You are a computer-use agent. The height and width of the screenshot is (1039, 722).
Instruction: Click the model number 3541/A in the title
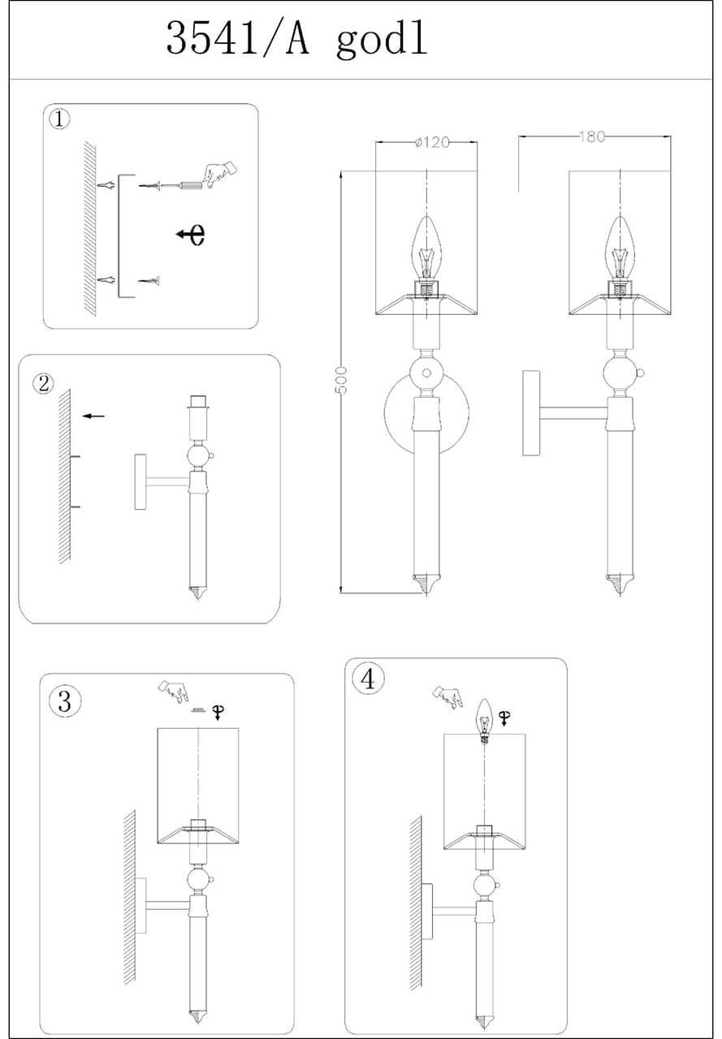[x=238, y=39]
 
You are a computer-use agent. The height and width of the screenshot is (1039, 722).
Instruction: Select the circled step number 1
[x=60, y=119]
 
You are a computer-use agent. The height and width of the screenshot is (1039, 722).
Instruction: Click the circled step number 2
[x=43, y=383]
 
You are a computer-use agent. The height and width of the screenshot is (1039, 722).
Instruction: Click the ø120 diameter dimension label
[x=431, y=142]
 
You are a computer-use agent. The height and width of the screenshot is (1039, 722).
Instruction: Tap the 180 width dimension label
[x=592, y=136]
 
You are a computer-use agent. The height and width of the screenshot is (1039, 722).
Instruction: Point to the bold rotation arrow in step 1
[x=191, y=235]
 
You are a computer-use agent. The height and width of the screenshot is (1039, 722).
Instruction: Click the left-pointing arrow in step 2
[x=94, y=416]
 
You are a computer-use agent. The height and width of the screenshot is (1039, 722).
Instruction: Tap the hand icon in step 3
[x=173, y=692]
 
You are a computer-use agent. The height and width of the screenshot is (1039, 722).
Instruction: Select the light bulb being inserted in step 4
[x=485, y=719]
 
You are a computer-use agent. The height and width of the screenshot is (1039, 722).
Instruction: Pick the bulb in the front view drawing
[x=426, y=247]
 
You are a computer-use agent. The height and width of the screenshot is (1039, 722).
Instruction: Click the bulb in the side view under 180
[x=620, y=247]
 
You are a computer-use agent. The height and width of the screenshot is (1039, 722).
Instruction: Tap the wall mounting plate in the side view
[x=532, y=413]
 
